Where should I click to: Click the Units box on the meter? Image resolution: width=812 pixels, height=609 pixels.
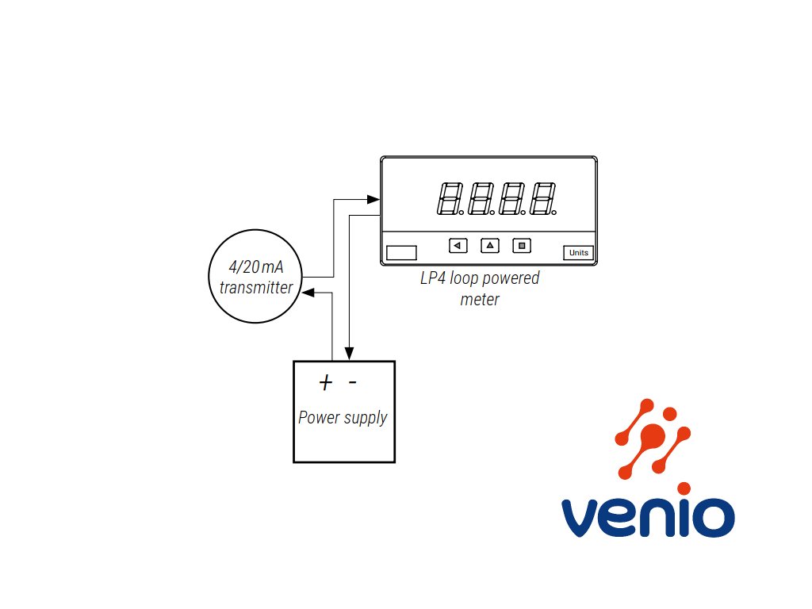578,253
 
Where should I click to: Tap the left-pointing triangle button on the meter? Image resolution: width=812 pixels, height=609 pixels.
458,246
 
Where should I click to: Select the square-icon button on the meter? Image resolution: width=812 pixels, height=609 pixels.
522,246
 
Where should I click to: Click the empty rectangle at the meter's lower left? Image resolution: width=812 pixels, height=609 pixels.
401,253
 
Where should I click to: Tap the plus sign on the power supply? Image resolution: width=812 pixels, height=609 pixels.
325,383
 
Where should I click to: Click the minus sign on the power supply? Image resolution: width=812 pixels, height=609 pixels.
353,382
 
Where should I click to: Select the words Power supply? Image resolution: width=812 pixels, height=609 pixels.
343,417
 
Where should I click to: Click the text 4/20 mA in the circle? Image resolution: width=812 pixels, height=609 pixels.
256,266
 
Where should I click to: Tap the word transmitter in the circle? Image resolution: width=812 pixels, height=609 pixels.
256,287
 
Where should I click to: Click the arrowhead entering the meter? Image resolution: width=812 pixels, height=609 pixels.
373,199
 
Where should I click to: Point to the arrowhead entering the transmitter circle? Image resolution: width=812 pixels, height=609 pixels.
308,293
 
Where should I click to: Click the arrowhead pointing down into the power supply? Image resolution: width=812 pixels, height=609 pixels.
350,353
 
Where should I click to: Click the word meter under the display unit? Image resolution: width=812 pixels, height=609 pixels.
480,299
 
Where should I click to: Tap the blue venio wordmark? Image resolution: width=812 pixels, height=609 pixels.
648,517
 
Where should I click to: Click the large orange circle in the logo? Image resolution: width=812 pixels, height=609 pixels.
653,435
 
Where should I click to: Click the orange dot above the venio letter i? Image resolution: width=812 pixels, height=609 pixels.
684,488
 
